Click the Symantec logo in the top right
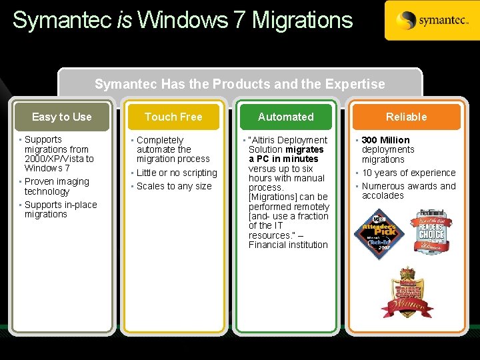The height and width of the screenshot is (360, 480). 431,21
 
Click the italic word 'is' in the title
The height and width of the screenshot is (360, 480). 124,20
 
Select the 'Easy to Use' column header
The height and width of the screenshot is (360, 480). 62,117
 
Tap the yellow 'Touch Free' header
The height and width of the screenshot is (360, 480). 173,117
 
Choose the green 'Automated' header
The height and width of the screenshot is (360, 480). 285,117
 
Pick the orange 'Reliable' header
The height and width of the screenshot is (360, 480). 406,117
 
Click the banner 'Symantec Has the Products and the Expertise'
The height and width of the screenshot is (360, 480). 239,84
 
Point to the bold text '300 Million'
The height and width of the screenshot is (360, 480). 385,140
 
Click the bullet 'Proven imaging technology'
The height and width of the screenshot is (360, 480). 56,186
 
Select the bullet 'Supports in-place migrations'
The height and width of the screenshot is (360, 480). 60,209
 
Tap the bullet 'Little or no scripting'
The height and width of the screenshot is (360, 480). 177,173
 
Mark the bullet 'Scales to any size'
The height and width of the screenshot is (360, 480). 173,186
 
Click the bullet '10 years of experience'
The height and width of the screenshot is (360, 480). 409,173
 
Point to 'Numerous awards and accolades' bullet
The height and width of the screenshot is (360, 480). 408,191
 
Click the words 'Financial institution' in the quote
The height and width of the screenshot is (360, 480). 288,245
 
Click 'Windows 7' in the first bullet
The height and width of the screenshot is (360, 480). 47,168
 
